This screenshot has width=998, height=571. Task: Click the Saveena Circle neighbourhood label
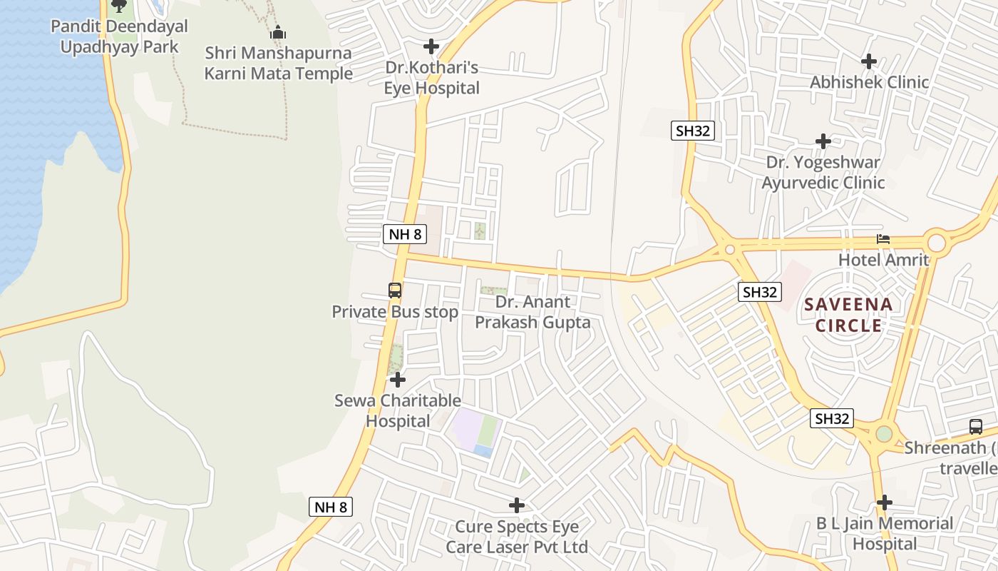(x=848, y=315)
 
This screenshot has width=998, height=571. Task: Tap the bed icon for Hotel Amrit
(x=883, y=239)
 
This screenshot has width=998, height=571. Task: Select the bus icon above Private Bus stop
(x=395, y=290)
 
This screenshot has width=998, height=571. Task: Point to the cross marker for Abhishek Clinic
(x=868, y=61)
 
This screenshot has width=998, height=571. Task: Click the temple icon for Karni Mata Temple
(x=277, y=32)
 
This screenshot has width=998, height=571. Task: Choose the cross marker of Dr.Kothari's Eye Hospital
(x=431, y=46)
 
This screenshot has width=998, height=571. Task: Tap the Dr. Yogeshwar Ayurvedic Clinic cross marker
(x=823, y=141)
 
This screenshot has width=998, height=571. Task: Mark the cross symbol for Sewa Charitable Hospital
(x=398, y=380)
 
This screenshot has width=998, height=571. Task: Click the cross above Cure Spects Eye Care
(x=517, y=505)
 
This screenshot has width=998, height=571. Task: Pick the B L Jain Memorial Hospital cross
(x=884, y=502)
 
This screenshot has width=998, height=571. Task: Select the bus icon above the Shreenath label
(x=976, y=427)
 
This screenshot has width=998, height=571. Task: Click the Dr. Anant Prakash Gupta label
(x=533, y=312)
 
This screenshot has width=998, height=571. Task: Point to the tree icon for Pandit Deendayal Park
(x=119, y=6)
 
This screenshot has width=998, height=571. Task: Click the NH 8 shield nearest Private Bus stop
(x=404, y=233)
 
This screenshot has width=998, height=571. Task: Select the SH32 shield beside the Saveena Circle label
(x=761, y=291)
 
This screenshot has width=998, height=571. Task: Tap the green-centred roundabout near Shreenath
(x=884, y=433)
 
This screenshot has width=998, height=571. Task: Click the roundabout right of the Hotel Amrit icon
(x=936, y=243)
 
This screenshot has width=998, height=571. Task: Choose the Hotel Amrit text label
(x=883, y=260)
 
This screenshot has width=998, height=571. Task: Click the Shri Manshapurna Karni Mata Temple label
(x=278, y=63)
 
